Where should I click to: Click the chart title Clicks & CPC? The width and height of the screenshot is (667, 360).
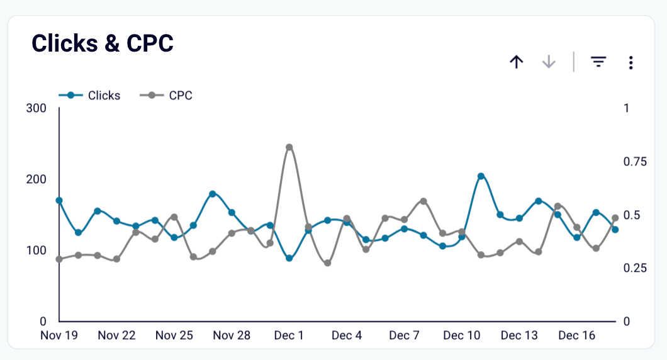point(103,43)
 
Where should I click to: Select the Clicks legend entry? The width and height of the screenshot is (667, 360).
point(90,96)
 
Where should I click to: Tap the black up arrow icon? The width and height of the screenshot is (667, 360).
point(517,62)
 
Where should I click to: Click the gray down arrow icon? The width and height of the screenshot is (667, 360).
point(549,62)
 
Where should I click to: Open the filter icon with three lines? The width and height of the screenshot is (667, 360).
point(598,62)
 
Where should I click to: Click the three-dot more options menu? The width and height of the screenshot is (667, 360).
point(631,62)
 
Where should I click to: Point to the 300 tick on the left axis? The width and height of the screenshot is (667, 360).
point(36,108)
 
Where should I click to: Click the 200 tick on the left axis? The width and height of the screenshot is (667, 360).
point(36,179)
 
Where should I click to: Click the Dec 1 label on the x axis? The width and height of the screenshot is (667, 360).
point(289,335)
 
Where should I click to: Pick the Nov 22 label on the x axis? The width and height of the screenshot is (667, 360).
point(116,335)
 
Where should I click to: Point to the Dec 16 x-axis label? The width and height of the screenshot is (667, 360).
point(577,335)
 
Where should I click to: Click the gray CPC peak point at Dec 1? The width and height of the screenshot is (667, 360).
point(289,147)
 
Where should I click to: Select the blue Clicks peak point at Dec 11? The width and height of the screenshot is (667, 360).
point(481,176)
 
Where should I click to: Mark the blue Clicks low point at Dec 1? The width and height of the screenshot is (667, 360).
point(289,258)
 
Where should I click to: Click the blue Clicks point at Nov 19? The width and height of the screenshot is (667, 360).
point(59,200)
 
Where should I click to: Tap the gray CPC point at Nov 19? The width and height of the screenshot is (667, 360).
point(59,259)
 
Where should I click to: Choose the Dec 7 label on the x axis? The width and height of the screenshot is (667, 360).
point(404,335)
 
